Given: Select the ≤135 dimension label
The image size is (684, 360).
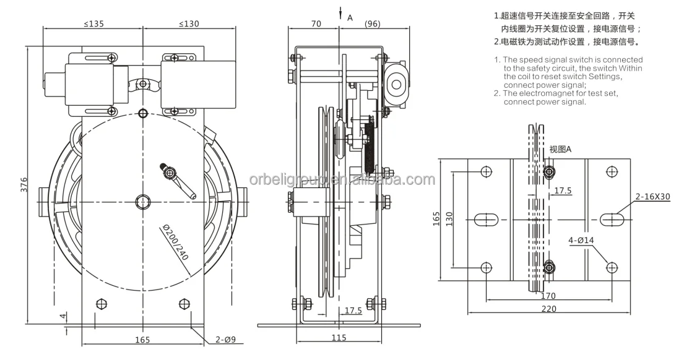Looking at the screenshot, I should point(93,24).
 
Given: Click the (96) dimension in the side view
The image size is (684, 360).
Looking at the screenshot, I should point(372,24).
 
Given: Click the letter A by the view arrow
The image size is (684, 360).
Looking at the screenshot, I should point(350,18).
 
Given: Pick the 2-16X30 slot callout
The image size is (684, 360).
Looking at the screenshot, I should point(653,197).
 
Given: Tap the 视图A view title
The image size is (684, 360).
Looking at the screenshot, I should point(560,150).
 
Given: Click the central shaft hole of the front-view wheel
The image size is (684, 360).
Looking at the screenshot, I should point(143,201).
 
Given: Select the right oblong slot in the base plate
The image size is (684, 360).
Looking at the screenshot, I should point(612,220).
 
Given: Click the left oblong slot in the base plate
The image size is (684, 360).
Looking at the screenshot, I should point(487,220).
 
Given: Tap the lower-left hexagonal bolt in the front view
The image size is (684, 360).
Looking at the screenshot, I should point(102,304).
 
